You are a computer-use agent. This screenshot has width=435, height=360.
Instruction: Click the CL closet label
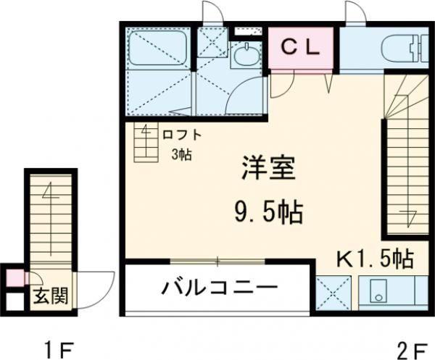(299, 48)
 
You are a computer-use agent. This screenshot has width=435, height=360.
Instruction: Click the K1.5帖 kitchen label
(374, 258)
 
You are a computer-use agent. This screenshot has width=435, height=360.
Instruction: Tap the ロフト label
(181, 135)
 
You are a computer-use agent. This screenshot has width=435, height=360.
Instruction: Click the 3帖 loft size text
(181, 154)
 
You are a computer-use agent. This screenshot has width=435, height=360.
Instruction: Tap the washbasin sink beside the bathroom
(246, 55)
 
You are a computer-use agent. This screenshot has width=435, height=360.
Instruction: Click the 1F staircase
(50, 217)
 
